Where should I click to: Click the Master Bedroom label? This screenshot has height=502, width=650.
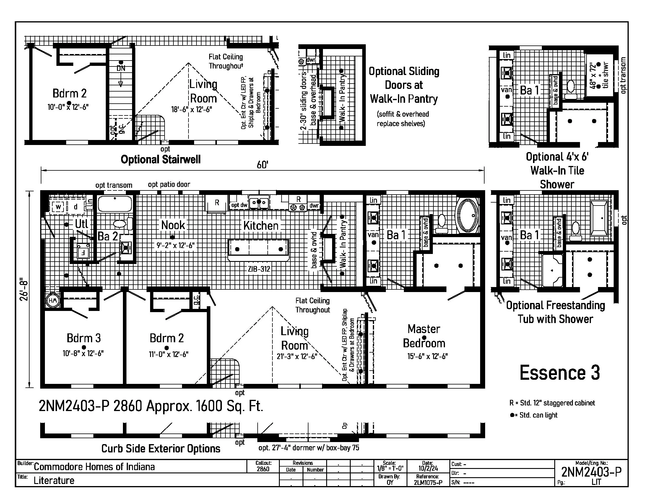[424, 336]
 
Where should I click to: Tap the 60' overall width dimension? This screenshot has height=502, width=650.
[262, 165]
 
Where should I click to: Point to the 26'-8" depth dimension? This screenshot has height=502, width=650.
[24, 289]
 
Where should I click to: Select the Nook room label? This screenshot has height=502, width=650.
[173, 225]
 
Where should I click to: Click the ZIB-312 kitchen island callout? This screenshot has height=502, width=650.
[259, 269]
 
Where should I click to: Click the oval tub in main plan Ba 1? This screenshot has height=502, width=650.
[468, 215]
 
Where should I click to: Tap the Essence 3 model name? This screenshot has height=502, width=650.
[560, 373]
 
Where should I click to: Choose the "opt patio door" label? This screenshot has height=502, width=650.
[169, 185]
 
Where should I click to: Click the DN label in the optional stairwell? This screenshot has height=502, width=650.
[121, 68]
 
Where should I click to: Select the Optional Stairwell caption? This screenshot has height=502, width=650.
[160, 159]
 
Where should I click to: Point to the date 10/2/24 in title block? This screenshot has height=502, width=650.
[428, 468]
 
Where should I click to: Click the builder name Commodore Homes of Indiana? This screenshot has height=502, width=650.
[94, 467]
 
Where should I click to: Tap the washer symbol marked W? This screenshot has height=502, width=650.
[58, 207]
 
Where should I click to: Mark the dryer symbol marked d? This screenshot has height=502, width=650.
[76, 207]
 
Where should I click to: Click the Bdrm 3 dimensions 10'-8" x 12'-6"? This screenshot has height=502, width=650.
[83, 353]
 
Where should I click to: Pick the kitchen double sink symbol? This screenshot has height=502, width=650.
[259, 203]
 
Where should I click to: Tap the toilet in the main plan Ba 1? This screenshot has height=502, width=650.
[442, 223]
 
